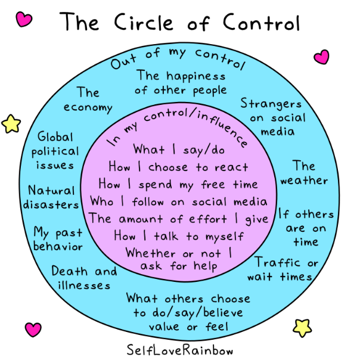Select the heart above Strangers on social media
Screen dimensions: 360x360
pyautogui.click(x=322, y=57)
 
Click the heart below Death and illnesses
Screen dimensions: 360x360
pyautogui.click(x=33, y=330)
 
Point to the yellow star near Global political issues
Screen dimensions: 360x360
pyautogui.click(x=11, y=123)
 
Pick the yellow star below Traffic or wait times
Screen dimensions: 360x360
pyautogui.click(x=303, y=327)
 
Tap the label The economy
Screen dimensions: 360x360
pyautogui.click(x=88, y=100)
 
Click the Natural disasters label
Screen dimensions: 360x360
pyautogui.click(x=53, y=198)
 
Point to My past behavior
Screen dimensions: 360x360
pyautogui.click(x=58, y=239)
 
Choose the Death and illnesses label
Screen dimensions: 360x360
pyautogui.click(x=84, y=278)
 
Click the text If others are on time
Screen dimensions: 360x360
pyautogui.click(x=306, y=228)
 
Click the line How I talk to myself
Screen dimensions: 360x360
pyautogui.click(x=179, y=236)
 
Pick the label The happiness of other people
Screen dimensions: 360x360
pyautogui.click(x=181, y=83)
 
